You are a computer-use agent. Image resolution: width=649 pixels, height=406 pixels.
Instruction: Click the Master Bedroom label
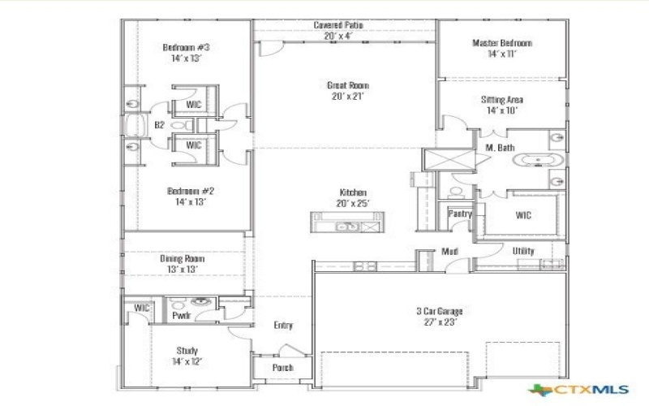(502, 43)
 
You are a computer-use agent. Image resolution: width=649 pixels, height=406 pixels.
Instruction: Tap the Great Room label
(348, 84)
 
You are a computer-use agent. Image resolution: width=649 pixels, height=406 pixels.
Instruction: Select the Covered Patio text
(338, 25)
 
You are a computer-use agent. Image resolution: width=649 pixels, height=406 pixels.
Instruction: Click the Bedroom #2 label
(191, 192)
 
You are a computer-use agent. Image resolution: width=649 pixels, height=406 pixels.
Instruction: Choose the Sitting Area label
(502, 100)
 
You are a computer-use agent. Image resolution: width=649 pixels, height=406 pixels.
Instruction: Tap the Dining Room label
(182, 258)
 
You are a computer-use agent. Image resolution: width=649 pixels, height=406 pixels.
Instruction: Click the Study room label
(187, 351)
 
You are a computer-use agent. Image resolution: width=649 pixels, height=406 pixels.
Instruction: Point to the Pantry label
(460, 214)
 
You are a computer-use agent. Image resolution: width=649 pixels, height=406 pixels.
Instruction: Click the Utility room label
(523, 251)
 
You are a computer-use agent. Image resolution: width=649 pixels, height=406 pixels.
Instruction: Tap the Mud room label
(450, 252)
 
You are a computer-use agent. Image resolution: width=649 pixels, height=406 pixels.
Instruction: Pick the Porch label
(282, 367)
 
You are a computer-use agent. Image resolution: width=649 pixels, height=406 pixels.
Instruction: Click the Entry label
(283, 326)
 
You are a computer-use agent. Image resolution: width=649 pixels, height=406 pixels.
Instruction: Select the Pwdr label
(181, 314)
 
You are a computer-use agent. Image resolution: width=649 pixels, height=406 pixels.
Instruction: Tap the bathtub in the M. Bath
(536, 159)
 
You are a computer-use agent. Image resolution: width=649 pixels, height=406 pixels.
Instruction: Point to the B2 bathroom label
(160, 125)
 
